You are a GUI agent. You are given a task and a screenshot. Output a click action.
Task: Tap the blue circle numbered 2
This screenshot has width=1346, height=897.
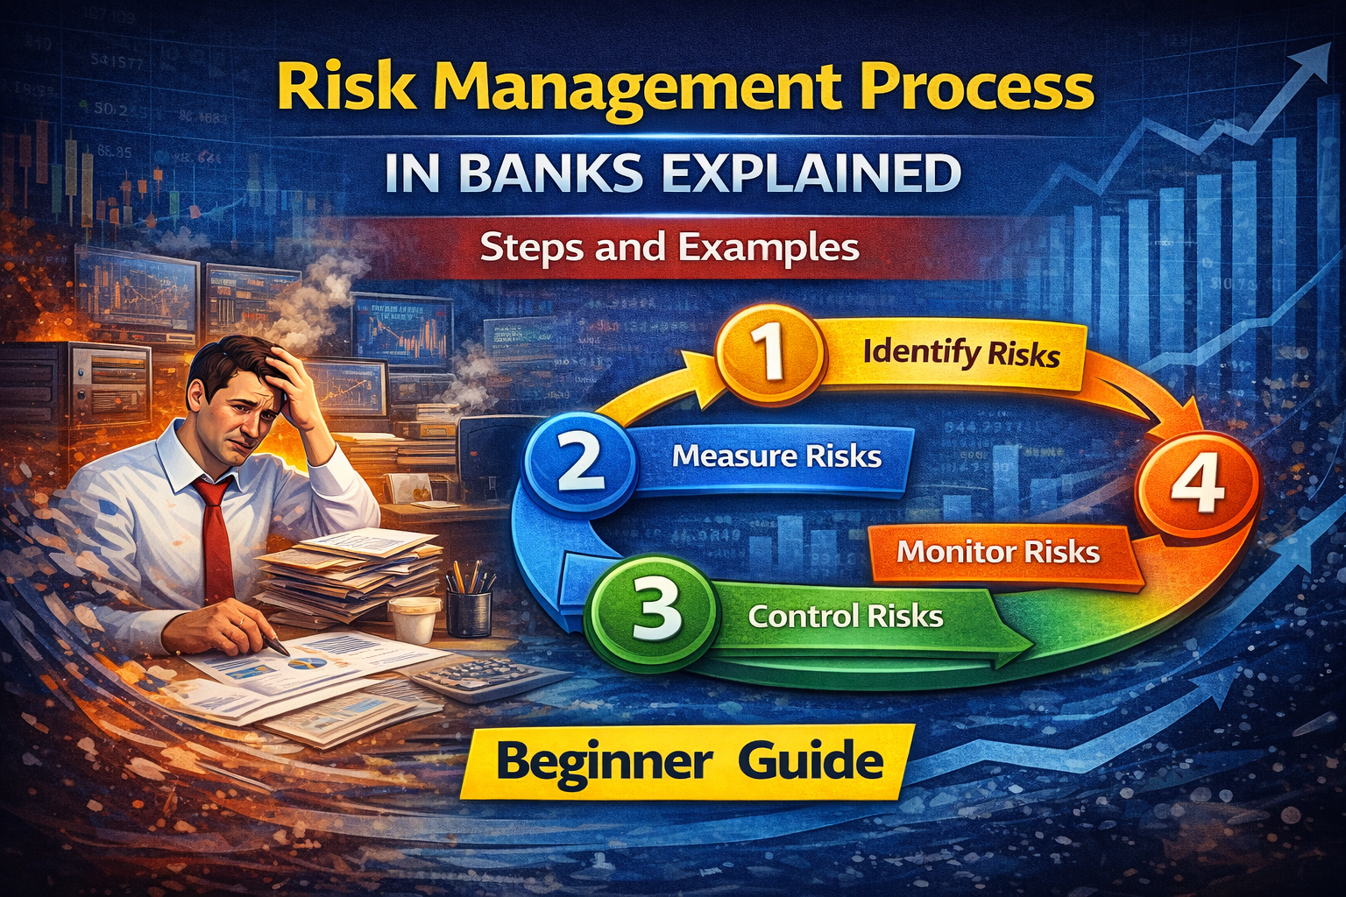pyautogui.click(x=579, y=461)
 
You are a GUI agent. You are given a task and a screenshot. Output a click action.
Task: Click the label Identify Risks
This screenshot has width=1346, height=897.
pyautogui.click(x=960, y=353)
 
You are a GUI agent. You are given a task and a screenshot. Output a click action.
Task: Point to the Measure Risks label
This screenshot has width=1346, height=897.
pyautogui.click(x=776, y=456)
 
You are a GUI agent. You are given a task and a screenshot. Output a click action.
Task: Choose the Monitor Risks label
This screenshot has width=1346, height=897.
pyautogui.click(x=998, y=552)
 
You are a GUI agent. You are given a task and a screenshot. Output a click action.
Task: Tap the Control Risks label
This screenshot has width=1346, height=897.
pyautogui.click(x=846, y=616)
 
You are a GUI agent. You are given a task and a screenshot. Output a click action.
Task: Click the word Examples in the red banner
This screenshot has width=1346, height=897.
pyautogui.click(x=769, y=248)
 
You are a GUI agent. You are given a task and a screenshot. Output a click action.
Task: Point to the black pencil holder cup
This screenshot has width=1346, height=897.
pyautogui.click(x=469, y=610)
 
